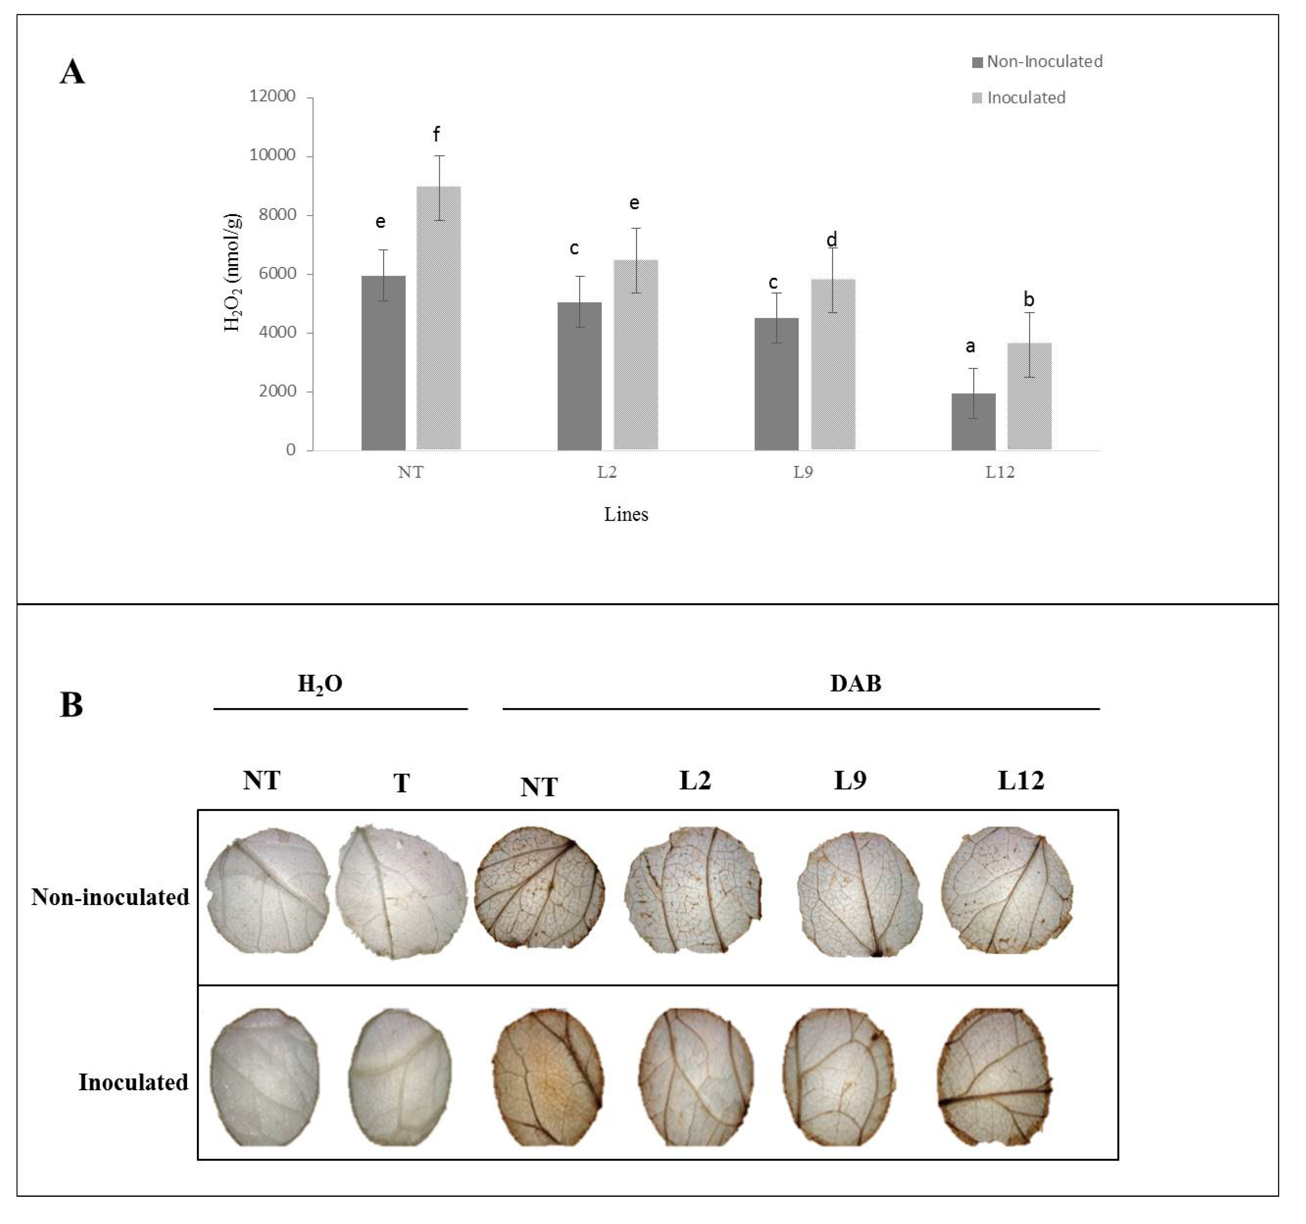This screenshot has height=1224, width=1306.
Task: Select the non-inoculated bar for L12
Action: (973, 422)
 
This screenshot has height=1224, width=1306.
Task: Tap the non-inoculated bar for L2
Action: (579, 376)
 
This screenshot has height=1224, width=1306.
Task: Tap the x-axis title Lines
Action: (626, 515)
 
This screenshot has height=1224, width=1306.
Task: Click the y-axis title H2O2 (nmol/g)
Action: (233, 273)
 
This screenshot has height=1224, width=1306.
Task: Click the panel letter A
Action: (72, 71)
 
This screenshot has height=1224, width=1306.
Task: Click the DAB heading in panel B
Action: (855, 684)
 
